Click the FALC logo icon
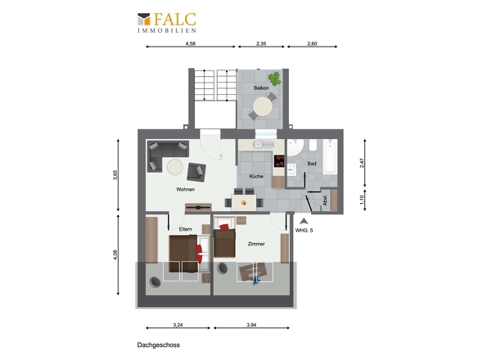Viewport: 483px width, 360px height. (x=144, y=19)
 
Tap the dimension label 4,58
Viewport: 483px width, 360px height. (x=191, y=43)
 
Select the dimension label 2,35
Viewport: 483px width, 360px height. (x=261, y=43)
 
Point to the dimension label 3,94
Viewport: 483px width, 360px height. (x=251, y=325)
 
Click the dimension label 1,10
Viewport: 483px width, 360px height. (x=362, y=200)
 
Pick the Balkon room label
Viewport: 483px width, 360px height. (x=261, y=88)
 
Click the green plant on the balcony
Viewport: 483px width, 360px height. (x=274, y=79)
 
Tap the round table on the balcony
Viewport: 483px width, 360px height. (x=263, y=106)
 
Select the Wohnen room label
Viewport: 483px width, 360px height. (x=186, y=189)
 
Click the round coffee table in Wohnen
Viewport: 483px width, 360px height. (x=175, y=167)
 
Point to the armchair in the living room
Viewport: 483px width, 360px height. (x=196, y=172)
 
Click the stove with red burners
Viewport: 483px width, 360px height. (x=279, y=160)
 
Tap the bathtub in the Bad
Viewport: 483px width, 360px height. (x=330, y=156)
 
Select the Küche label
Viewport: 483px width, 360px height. (x=256, y=177)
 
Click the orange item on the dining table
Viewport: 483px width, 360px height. (x=244, y=203)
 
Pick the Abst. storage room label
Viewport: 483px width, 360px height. (x=325, y=200)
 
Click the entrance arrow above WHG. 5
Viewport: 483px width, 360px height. (x=304, y=221)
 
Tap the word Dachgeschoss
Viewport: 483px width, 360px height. (x=159, y=345)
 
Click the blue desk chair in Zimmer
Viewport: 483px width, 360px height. (x=255, y=281)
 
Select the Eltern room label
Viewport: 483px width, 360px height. (x=186, y=229)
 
